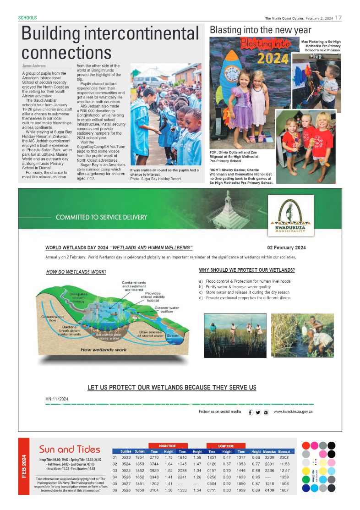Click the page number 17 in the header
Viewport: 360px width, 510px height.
click(x=338, y=18)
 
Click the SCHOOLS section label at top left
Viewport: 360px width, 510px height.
click(x=27, y=18)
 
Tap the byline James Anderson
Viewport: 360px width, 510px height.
click(x=34, y=66)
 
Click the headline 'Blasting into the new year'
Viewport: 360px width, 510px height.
click(x=260, y=30)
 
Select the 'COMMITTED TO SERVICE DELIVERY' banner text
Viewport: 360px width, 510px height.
click(x=101, y=217)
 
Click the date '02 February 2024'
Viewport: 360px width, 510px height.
click(x=286, y=248)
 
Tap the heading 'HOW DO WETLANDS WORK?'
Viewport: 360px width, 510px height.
click(x=76, y=272)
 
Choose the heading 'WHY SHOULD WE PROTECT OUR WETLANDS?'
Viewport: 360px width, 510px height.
click(x=246, y=270)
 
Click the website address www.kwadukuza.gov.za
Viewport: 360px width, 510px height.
click(x=293, y=412)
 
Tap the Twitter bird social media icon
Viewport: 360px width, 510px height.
click(x=258, y=412)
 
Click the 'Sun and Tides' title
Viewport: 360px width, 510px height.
click(x=70, y=449)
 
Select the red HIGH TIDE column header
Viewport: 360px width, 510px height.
click(x=168, y=446)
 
